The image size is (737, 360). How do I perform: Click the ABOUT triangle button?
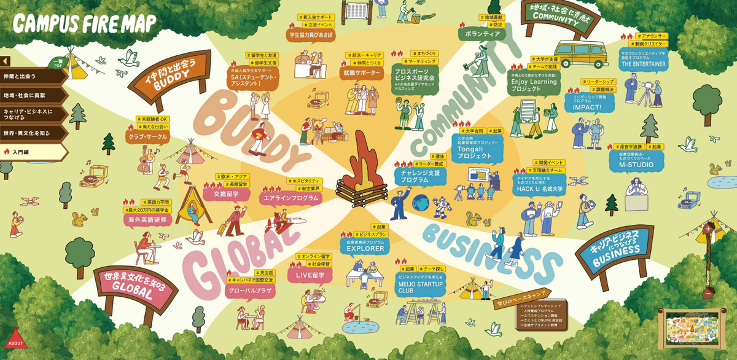(15, 339)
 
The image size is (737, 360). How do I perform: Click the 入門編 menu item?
(34, 151)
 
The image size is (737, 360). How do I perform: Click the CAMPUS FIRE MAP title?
(85, 23)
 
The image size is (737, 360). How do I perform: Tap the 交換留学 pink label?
(227, 194)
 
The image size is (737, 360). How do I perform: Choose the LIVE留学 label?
(310, 275)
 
